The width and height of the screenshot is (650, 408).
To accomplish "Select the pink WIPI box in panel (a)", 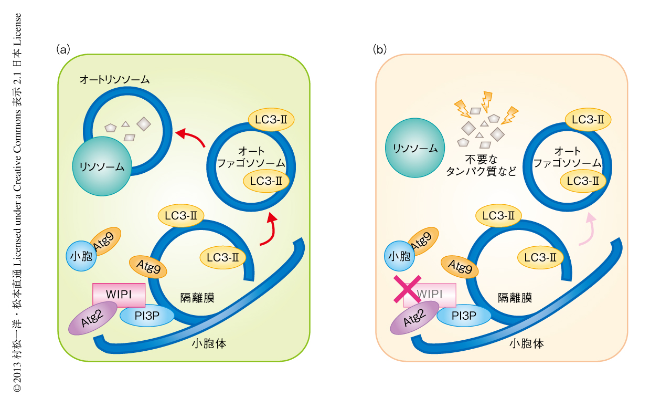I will click(119, 295).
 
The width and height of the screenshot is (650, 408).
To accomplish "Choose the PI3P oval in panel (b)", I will click(464, 316).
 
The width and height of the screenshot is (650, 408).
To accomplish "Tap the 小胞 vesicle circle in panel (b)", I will click(399, 256).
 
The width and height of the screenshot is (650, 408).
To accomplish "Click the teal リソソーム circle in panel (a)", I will click(102, 166).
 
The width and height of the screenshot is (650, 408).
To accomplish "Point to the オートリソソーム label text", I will click(115, 80).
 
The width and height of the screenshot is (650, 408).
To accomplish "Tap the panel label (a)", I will click(62, 49).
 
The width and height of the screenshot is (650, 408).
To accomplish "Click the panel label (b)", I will click(380, 49).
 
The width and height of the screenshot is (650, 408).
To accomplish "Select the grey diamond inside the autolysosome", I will click(144, 124).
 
